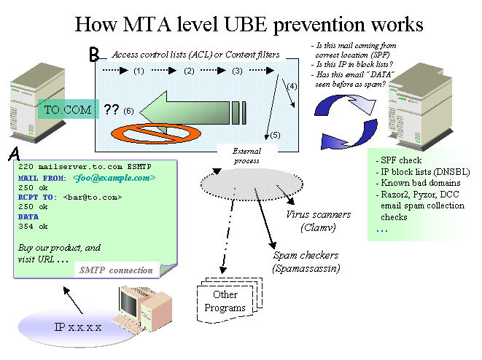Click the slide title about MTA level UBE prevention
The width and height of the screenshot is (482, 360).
[x=249, y=24]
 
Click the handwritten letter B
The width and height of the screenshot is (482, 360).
[x=93, y=55]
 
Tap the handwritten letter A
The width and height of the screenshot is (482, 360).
[x=14, y=154]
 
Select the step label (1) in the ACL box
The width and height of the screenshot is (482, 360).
[x=139, y=71]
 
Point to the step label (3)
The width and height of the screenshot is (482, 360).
[x=237, y=71]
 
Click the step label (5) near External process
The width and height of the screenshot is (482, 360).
[x=274, y=135]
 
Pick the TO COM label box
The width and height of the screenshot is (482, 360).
[x=68, y=110]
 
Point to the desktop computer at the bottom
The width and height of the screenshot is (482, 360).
[x=143, y=306]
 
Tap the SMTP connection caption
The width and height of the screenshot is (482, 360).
[x=116, y=270]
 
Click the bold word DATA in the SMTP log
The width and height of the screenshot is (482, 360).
[x=28, y=216]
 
